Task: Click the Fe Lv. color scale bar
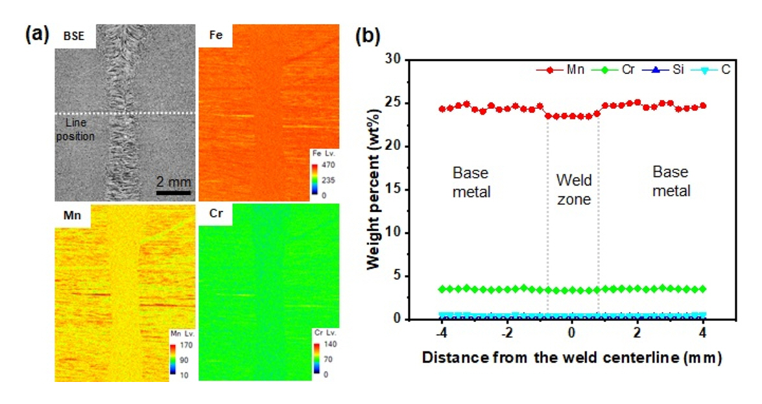pos(315,180)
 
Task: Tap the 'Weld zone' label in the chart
pos(573,189)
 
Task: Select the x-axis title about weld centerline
pos(571,356)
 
